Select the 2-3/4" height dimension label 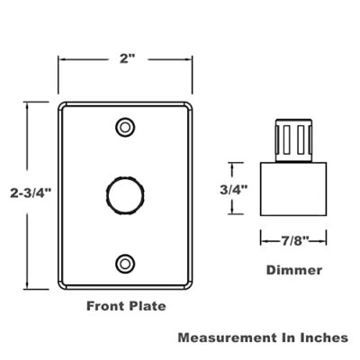30,191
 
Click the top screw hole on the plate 126,125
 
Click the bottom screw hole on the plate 126,263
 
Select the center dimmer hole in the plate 126,193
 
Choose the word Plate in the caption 148,306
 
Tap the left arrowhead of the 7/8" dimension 262,240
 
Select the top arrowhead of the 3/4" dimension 235,164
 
